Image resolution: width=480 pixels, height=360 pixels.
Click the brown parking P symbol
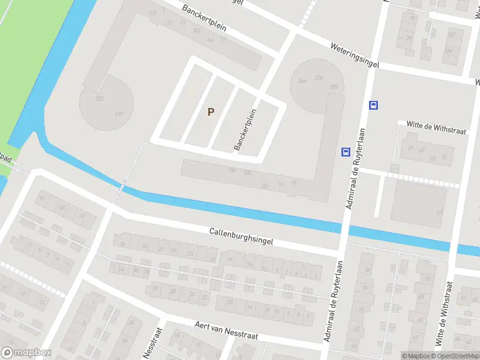(210, 112)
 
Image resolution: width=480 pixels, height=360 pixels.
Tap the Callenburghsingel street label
(241, 236)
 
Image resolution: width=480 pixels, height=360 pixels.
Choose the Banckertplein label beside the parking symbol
(245, 130)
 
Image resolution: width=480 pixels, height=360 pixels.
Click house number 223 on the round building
(100, 98)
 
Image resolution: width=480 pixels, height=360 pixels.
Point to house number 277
(119, 115)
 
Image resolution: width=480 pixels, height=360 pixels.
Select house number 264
(302, 81)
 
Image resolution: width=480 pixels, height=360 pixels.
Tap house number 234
(319, 78)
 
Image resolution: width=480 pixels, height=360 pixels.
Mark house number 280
(334, 87)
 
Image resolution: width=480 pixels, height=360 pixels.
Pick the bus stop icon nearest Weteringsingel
(373, 106)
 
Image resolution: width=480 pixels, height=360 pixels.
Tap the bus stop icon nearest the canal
(346, 152)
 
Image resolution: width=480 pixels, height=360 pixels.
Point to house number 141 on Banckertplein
(210, 40)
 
